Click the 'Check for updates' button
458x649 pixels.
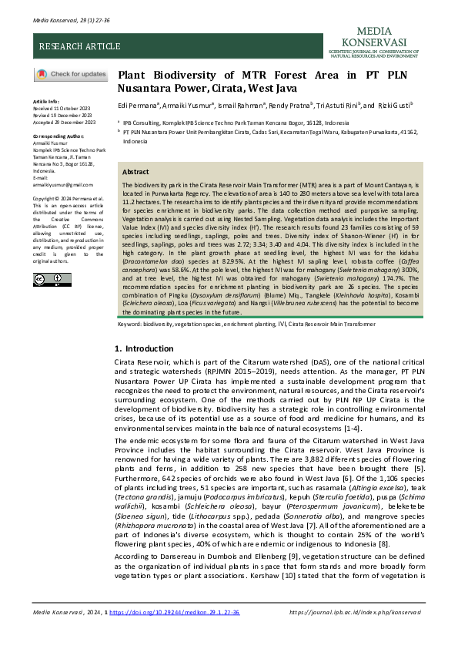[71, 74]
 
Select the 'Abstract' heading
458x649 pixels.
[136, 172]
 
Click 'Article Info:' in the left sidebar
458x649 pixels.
[46, 101]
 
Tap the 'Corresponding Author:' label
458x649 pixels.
[57, 135]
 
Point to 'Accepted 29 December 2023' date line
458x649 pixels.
[63, 122]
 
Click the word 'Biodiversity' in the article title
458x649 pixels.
[176, 75]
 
